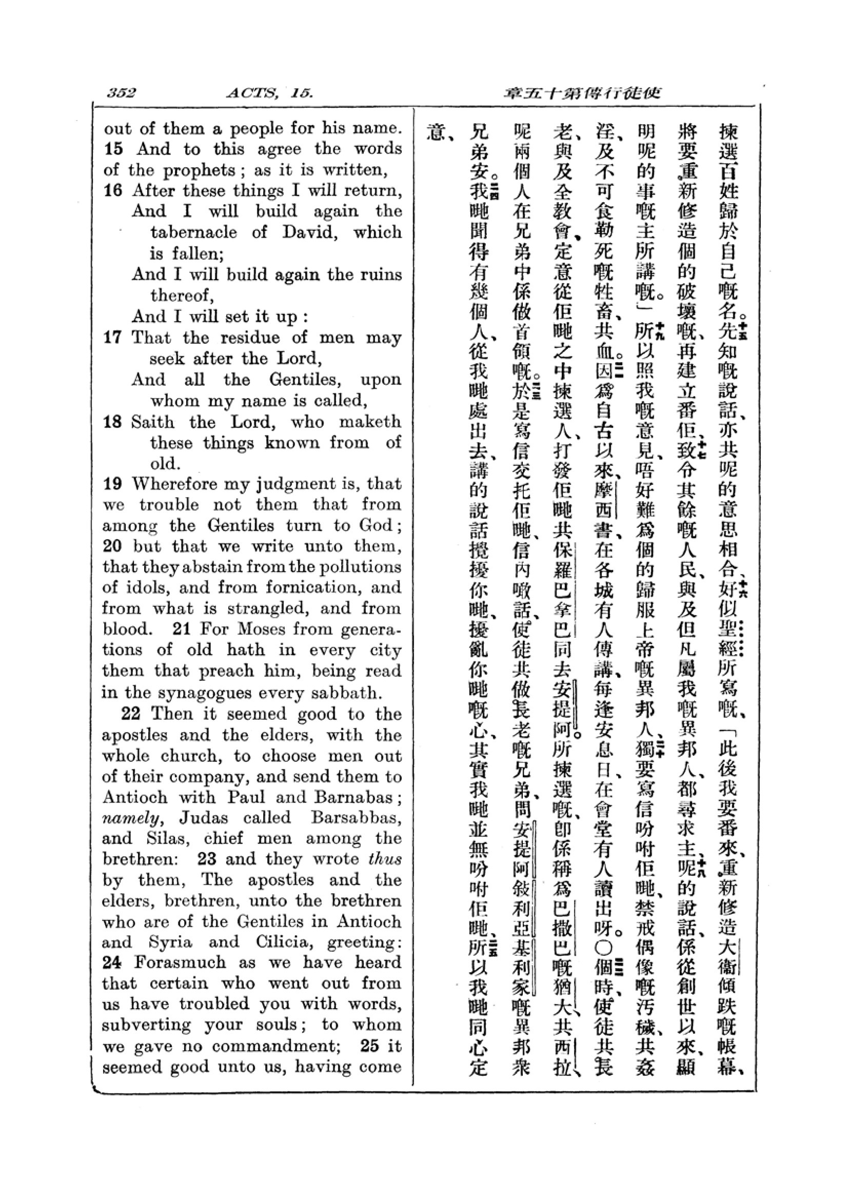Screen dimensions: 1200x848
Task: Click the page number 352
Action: click(121, 93)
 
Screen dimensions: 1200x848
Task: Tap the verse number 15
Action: click(113, 149)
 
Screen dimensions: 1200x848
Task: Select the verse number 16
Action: click(113, 191)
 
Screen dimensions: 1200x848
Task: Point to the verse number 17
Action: click(113, 337)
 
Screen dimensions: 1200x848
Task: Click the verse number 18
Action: click(113, 422)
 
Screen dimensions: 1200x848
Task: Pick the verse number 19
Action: click(113, 484)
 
